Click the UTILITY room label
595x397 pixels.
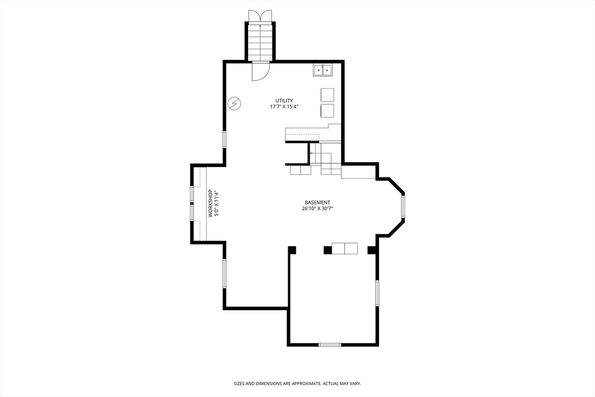[x=284, y=101]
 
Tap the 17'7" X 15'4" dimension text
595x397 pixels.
[x=284, y=107]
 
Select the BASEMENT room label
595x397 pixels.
[x=317, y=203]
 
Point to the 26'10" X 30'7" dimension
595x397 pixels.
[x=317, y=208]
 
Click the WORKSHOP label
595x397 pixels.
[x=210, y=203]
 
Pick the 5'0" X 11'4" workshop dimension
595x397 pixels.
[x=217, y=203]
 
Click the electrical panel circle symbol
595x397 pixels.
[x=235, y=103]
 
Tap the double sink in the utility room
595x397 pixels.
[x=322, y=70]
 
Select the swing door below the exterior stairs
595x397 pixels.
[x=261, y=71]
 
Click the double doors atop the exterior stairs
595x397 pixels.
[x=260, y=16]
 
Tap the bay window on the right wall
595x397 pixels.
[x=403, y=206]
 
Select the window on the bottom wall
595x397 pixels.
[x=330, y=345]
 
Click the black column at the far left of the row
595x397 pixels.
[x=292, y=250]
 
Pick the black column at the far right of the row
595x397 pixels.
[x=372, y=250]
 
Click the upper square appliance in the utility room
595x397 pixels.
[x=328, y=95]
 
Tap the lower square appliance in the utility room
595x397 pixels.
[x=328, y=111]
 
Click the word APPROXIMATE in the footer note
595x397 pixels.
[x=305, y=384]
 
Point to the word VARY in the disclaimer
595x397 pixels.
[x=356, y=384]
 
